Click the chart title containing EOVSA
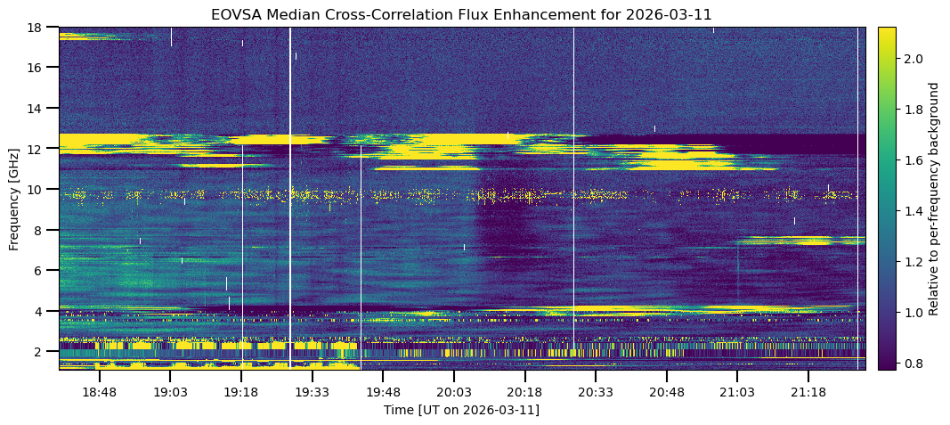461,15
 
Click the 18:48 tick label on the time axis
100,392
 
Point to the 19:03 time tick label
170,392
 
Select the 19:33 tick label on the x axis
313,392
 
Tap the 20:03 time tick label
453,392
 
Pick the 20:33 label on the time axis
596,392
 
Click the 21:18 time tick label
808,392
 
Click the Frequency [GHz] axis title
14,198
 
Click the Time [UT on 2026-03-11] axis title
461,410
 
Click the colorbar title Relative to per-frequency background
934,198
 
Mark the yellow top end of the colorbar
887,31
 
